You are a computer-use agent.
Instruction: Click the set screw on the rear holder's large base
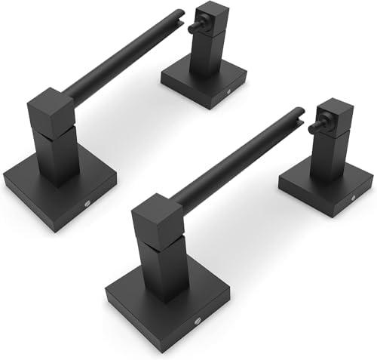pyautogui.click(x=89, y=202)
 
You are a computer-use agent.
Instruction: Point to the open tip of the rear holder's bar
pyautogui.click(x=182, y=13)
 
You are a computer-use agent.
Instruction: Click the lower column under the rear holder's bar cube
pyautogui.click(x=58, y=155)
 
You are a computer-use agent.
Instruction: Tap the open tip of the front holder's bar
pyautogui.click(x=302, y=112)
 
